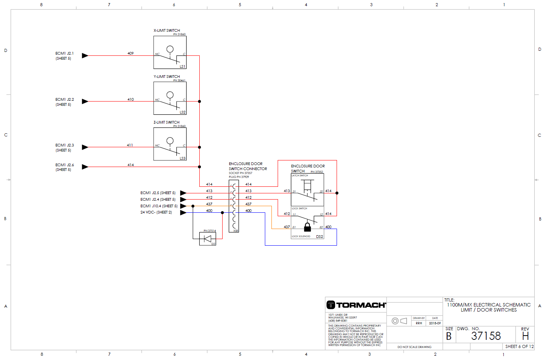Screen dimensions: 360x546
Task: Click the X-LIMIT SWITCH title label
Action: point(167,30)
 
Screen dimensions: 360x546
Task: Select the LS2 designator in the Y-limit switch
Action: point(183,112)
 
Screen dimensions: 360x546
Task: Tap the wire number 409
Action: point(131,53)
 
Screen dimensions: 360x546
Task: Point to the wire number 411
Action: point(130,145)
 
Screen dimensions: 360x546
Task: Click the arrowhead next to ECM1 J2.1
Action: point(85,56)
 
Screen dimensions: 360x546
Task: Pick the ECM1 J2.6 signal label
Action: point(64,165)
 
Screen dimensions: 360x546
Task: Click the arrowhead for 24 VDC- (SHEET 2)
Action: point(183,213)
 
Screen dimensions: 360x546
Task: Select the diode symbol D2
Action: point(207,239)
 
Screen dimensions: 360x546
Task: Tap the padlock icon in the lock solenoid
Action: point(308,227)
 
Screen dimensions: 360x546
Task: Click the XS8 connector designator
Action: point(236,231)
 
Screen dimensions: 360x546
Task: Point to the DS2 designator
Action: point(320,236)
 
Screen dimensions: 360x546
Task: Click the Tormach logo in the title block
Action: point(356,305)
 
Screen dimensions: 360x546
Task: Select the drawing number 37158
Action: point(486,336)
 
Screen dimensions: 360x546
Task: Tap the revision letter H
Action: point(525,336)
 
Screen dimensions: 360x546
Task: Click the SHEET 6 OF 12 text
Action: point(519,346)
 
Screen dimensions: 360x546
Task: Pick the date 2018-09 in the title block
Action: point(435,323)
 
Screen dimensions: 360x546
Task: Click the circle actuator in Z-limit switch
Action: point(170,141)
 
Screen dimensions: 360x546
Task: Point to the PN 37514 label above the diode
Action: point(210,231)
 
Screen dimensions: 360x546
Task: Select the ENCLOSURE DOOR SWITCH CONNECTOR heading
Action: point(248,166)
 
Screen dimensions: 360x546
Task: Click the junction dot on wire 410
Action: point(199,102)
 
